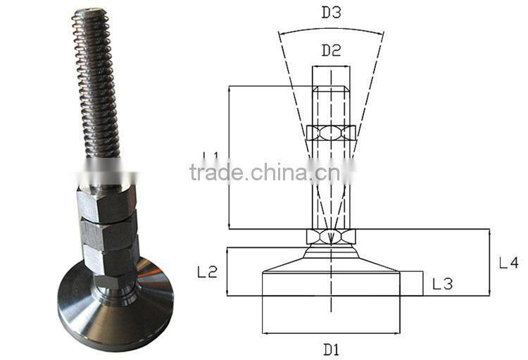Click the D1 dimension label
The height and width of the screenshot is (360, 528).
pos(332,349)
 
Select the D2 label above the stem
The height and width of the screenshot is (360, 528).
pos(332,51)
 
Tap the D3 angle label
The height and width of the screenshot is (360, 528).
pos(331,13)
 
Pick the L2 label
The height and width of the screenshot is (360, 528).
pos(206,272)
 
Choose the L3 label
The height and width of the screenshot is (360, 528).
pos(442,284)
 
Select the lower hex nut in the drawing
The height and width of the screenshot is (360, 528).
pos(332,237)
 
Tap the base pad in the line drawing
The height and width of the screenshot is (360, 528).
pos(332,283)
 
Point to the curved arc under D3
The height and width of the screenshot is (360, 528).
pos(331,30)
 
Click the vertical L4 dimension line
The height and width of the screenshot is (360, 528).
pos(488,262)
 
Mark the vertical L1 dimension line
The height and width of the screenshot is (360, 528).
pos(230,157)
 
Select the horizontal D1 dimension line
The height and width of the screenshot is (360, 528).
pos(332,333)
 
